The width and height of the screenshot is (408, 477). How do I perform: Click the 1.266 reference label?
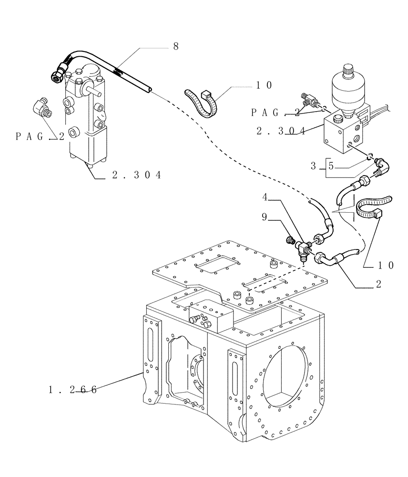[x=72, y=390]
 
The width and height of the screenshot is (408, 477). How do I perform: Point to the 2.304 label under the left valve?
[x=136, y=176]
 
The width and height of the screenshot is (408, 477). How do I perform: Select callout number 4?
[x=264, y=197]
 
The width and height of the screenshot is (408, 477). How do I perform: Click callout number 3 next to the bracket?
[x=313, y=166]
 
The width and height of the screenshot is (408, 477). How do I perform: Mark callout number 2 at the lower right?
[x=378, y=285]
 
